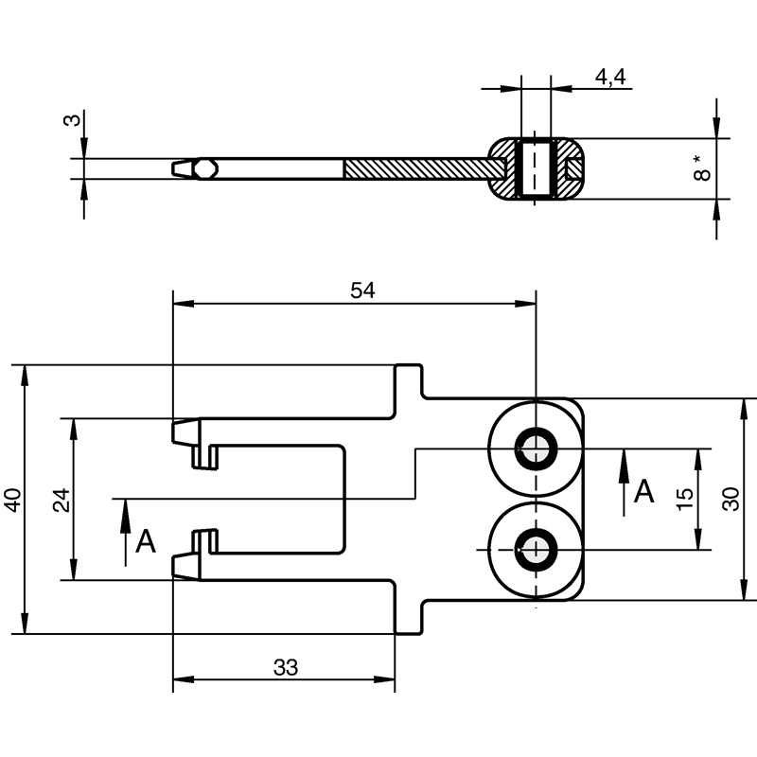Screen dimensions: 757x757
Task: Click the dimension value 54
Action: (x=362, y=291)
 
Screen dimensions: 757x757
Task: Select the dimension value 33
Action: (x=285, y=667)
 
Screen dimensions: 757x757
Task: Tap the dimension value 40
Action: (x=11, y=499)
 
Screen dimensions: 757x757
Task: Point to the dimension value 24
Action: (x=62, y=499)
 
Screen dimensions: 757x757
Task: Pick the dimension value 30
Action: (x=731, y=499)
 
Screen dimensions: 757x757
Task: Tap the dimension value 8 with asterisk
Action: (x=701, y=170)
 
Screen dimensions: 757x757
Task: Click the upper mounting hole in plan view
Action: (x=536, y=449)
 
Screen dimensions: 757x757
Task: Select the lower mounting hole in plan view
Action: (x=536, y=549)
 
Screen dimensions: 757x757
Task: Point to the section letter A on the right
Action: (x=644, y=491)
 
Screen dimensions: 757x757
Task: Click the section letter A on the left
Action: (x=145, y=541)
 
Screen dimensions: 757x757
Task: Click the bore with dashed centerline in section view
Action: (x=536, y=168)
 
